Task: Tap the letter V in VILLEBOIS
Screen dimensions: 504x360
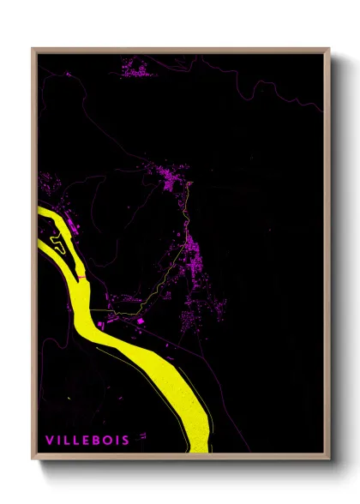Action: coord(50,440)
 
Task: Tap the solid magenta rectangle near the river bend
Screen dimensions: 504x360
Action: coord(140,321)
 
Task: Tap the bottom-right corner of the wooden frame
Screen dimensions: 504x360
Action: coord(328,459)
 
